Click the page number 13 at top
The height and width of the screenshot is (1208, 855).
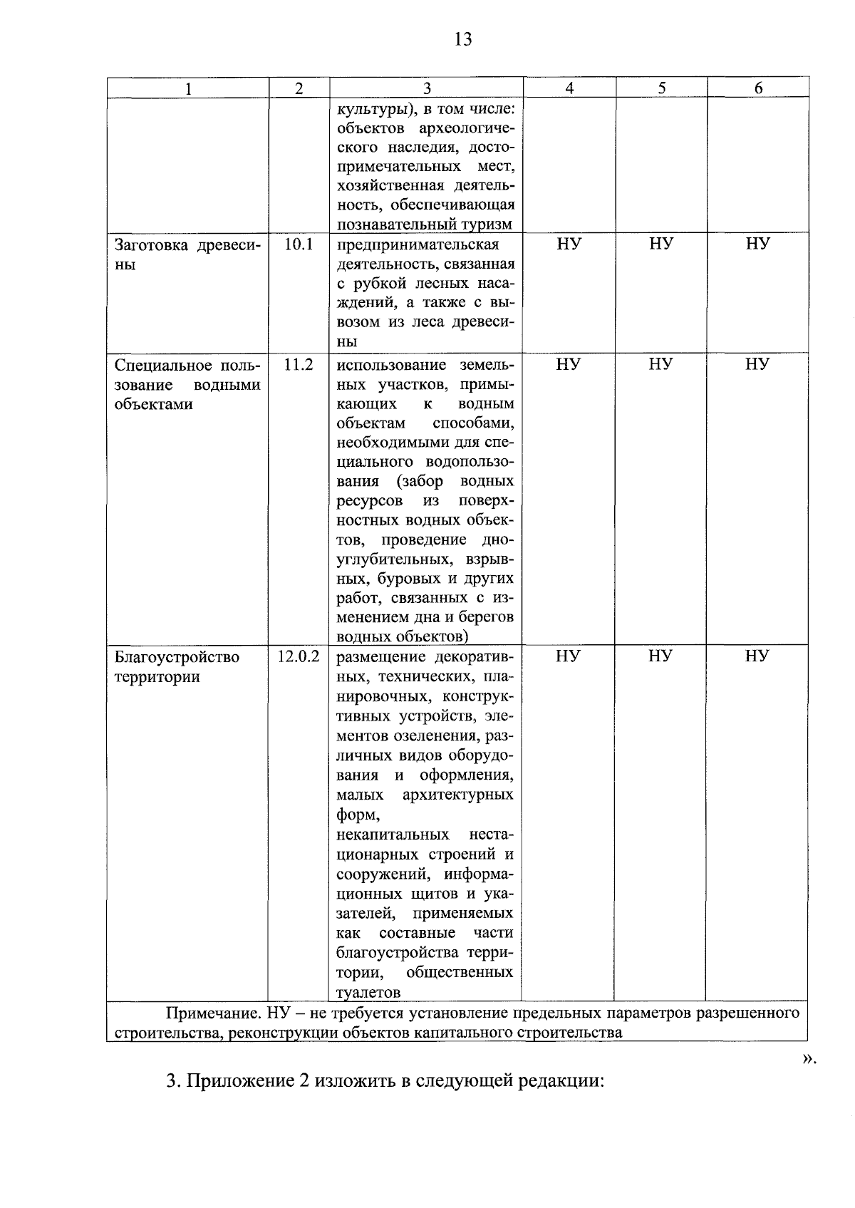point(462,39)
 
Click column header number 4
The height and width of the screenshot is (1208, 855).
point(569,88)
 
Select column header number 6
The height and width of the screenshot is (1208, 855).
point(758,88)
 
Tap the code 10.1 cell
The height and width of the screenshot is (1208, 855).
point(299,244)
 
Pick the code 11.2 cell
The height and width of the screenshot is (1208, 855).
point(299,365)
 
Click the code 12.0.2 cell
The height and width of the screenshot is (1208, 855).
point(299,656)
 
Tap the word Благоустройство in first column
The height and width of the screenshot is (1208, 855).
point(177,657)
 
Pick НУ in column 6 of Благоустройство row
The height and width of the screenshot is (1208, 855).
point(757,656)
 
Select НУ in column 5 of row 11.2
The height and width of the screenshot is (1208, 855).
point(661,365)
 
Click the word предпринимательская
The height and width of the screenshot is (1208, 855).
point(418,245)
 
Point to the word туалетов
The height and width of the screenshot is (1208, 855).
point(368,992)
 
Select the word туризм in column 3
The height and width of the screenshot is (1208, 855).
point(486,224)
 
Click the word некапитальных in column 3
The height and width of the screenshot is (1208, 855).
point(393,835)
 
